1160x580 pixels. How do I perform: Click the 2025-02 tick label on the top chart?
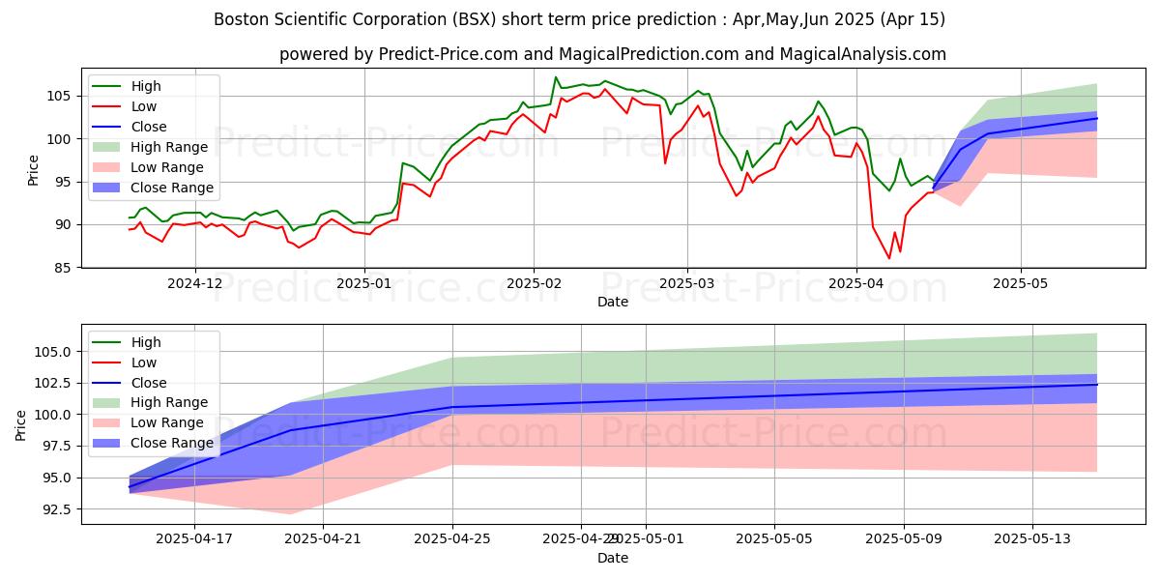534,282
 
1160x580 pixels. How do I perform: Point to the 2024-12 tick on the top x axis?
195,282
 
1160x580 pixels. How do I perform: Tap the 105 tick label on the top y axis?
62,96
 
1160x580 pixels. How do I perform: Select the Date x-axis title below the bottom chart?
613,558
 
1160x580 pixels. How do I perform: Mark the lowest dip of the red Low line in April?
889,258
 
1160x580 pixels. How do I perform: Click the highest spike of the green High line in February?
556,77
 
